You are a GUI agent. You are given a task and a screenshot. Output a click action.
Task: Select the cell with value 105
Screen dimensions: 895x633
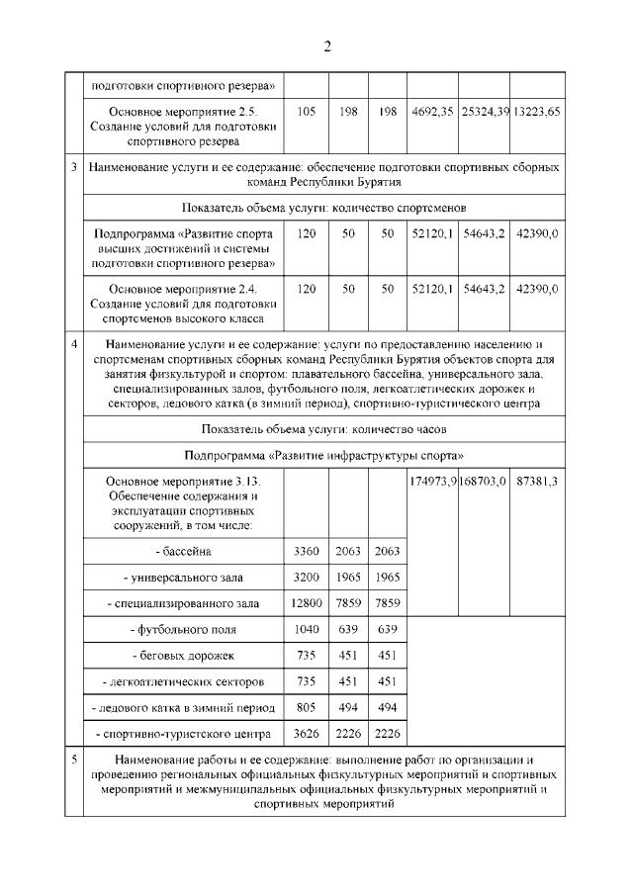pyautogui.click(x=307, y=112)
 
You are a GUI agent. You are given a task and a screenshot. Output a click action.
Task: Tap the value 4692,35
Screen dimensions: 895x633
pyautogui.click(x=431, y=112)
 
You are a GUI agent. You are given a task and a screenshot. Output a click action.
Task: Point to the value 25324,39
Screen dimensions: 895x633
pyautogui.click(x=484, y=112)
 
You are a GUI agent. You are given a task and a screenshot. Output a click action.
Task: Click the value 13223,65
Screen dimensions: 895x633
pyautogui.click(x=537, y=112)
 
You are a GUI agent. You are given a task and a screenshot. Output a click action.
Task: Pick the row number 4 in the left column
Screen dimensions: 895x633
pyautogui.click(x=75, y=343)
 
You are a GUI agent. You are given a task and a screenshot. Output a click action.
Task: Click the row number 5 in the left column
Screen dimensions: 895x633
pyautogui.click(x=75, y=759)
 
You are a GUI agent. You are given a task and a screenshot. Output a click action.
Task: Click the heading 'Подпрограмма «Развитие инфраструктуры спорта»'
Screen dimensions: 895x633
pyautogui.click(x=323, y=455)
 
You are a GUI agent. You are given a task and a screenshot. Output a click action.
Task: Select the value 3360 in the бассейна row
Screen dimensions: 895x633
pyautogui.click(x=307, y=551)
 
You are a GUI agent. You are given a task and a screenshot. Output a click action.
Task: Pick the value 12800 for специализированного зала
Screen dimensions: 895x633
pyautogui.click(x=307, y=602)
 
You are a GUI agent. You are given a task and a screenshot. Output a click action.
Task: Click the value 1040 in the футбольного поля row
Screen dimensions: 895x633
pyautogui.click(x=307, y=629)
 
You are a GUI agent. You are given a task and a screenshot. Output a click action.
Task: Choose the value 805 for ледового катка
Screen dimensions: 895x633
pyautogui.click(x=307, y=707)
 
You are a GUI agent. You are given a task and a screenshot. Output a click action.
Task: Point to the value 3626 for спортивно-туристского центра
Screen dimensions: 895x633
pyautogui.click(x=307, y=733)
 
